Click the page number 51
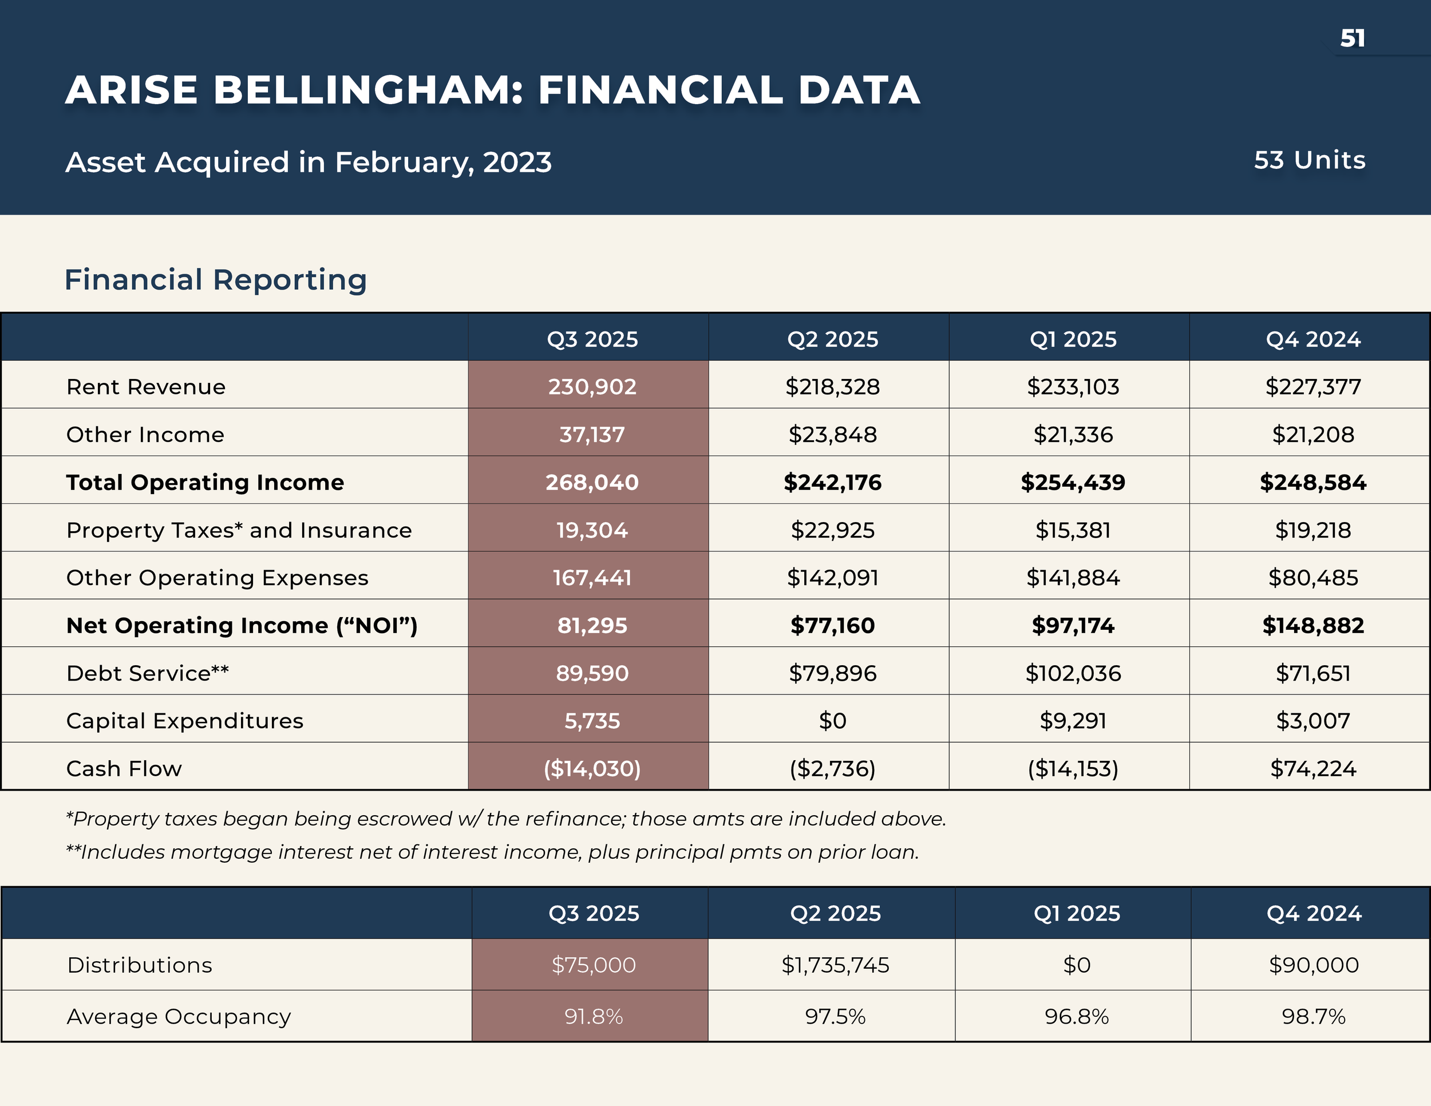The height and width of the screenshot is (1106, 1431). click(x=1353, y=38)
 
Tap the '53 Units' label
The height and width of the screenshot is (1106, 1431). click(x=1309, y=160)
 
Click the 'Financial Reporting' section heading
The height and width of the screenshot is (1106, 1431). click(x=216, y=280)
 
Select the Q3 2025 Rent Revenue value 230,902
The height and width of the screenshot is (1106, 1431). click(x=592, y=386)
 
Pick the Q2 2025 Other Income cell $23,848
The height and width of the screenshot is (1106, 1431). click(x=832, y=434)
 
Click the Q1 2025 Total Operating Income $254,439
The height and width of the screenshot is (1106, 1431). click(x=1073, y=482)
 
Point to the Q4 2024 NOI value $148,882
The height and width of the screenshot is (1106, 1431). click(x=1313, y=625)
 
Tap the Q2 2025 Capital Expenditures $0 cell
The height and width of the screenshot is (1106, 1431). click(x=832, y=721)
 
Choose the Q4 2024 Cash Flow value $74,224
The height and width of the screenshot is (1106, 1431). click(x=1313, y=769)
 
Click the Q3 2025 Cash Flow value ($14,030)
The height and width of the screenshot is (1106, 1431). click(x=592, y=769)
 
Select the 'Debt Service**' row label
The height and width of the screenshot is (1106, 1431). click(x=148, y=673)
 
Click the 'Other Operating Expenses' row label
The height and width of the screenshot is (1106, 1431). click(x=217, y=578)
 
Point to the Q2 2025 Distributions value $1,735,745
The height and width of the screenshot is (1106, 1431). click(x=835, y=965)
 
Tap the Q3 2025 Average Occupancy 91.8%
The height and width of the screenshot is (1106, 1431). click(x=593, y=1016)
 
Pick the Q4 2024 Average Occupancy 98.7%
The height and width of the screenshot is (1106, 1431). click(x=1313, y=1016)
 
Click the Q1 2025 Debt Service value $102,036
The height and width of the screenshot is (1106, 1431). click(x=1073, y=673)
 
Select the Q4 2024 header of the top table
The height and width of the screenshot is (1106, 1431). click(x=1313, y=339)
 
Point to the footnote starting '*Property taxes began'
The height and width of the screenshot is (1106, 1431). click(x=506, y=819)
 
